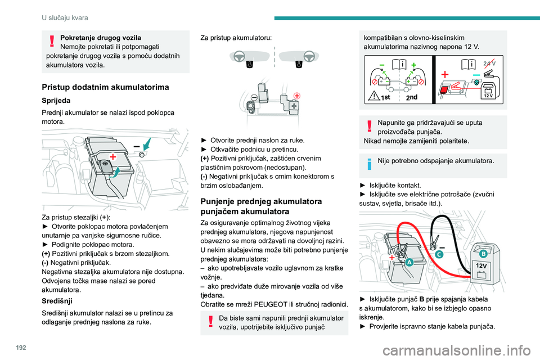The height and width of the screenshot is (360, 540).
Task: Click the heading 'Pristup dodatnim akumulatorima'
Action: pyautogui.click(x=97, y=87)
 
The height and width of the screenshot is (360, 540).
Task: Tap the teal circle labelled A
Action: pyautogui.click(x=409, y=262)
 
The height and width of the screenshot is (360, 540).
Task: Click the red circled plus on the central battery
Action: pyautogui.click(x=296, y=95)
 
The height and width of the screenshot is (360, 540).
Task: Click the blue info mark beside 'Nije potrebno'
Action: pyautogui.click(x=370, y=162)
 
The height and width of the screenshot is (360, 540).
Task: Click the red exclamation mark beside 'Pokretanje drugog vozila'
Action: pyautogui.click(x=52, y=41)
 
